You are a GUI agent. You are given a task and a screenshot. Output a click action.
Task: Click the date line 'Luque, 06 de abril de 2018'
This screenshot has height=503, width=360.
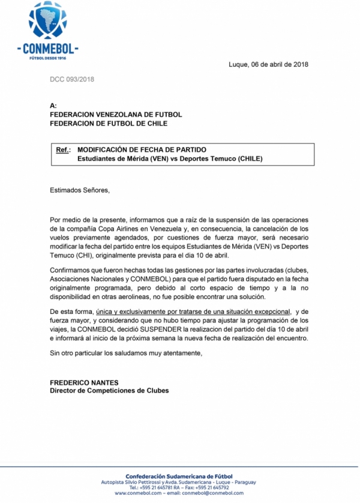coord(269,64)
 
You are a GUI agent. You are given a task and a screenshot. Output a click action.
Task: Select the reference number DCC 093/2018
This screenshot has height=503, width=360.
coord(71,79)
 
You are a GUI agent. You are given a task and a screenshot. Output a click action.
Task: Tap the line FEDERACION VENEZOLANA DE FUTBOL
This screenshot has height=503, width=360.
coord(116,114)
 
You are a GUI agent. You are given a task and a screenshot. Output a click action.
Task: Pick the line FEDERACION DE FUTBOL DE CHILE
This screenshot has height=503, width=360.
coord(109,124)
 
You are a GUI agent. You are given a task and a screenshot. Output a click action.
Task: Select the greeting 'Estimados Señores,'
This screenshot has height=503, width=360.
coord(80,190)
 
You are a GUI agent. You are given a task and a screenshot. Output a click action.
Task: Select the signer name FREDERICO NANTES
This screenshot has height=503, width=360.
coord(84,382)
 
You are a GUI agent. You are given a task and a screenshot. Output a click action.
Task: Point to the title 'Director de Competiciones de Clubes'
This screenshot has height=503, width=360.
coord(109,391)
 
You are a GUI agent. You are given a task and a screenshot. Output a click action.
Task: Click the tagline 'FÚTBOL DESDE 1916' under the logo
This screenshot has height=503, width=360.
coord(48,58)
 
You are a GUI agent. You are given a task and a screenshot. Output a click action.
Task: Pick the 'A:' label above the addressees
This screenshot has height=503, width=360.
coord(53,105)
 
